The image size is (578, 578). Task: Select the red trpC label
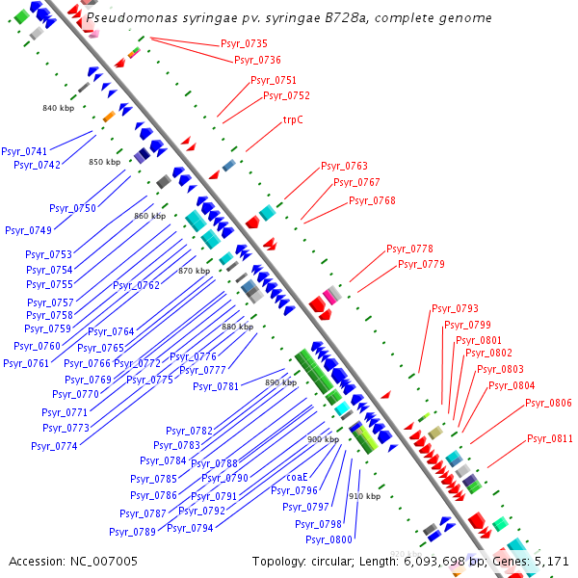pyautogui.click(x=292, y=120)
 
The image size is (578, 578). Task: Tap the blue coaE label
pyautogui.click(x=297, y=477)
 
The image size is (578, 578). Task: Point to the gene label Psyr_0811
pyautogui.click(x=550, y=438)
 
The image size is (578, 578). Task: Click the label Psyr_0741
pyautogui.click(x=24, y=151)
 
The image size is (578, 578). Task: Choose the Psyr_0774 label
pyautogui.click(x=54, y=446)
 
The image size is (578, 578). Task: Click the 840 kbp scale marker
pyautogui.click(x=58, y=108)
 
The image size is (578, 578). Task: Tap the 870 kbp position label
pyautogui.click(x=194, y=271)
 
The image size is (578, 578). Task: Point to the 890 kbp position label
pyautogui.click(x=280, y=382)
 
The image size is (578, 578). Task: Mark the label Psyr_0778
pyautogui.click(x=409, y=249)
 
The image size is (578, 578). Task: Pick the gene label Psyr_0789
pyautogui.click(x=132, y=532)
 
